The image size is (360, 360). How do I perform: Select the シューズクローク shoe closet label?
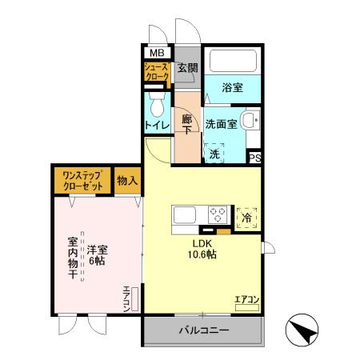click(x=156, y=74)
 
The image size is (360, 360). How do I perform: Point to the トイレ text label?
click(x=157, y=126)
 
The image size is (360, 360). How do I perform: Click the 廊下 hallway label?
click(x=187, y=126)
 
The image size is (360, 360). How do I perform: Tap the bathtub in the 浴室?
click(x=233, y=64)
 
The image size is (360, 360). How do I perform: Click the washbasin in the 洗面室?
click(x=250, y=122)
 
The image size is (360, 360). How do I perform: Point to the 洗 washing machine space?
click(x=214, y=151)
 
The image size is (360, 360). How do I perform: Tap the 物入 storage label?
click(x=128, y=181)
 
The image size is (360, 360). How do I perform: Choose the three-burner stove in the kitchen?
click(x=218, y=215)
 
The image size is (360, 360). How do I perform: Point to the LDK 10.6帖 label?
click(x=203, y=249)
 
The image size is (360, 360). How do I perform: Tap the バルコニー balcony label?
click(x=204, y=330)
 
